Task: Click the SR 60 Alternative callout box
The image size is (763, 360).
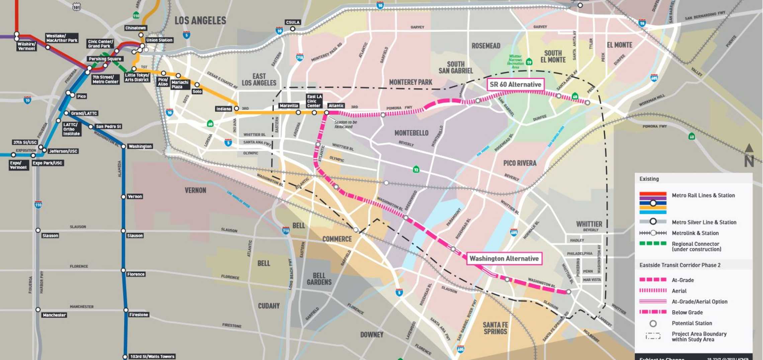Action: tap(515, 85)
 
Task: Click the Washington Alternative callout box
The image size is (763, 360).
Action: tap(504, 259)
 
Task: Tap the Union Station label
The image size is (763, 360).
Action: tap(159, 40)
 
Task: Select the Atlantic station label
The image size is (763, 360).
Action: tap(336, 106)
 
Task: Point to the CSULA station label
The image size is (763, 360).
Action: tap(292, 22)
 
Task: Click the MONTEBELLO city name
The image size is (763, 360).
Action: tap(411, 133)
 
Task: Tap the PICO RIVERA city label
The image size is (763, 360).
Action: tap(520, 163)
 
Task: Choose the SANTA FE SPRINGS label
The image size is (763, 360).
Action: tap(495, 328)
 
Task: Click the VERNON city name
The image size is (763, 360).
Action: tap(195, 190)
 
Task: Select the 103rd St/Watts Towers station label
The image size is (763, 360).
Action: tap(152, 356)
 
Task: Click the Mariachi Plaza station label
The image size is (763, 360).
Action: tap(180, 85)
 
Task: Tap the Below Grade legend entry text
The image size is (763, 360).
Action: tap(687, 312)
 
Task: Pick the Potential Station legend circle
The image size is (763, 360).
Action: tap(653, 324)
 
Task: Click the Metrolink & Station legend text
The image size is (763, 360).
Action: tap(695, 233)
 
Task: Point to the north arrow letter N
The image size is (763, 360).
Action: tap(749, 161)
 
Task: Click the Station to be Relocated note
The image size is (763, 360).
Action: tap(346, 124)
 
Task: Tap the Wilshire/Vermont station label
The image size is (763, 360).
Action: tap(26, 47)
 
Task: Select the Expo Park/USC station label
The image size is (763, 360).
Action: tap(47, 163)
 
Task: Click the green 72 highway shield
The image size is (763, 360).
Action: tap(416, 170)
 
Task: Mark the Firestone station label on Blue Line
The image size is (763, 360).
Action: tap(139, 315)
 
